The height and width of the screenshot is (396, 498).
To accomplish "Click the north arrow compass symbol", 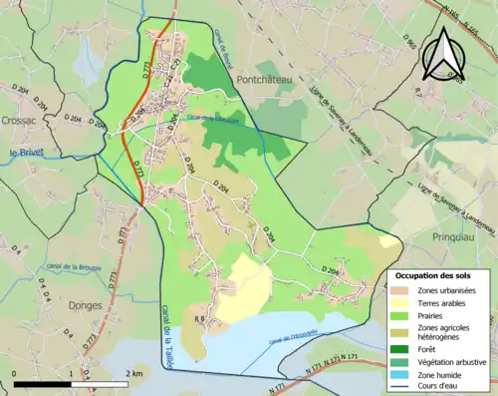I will click(x=444, y=55).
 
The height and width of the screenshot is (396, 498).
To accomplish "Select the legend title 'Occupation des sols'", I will click(x=433, y=275).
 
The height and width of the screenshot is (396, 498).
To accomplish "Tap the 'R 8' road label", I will click(x=199, y=319).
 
